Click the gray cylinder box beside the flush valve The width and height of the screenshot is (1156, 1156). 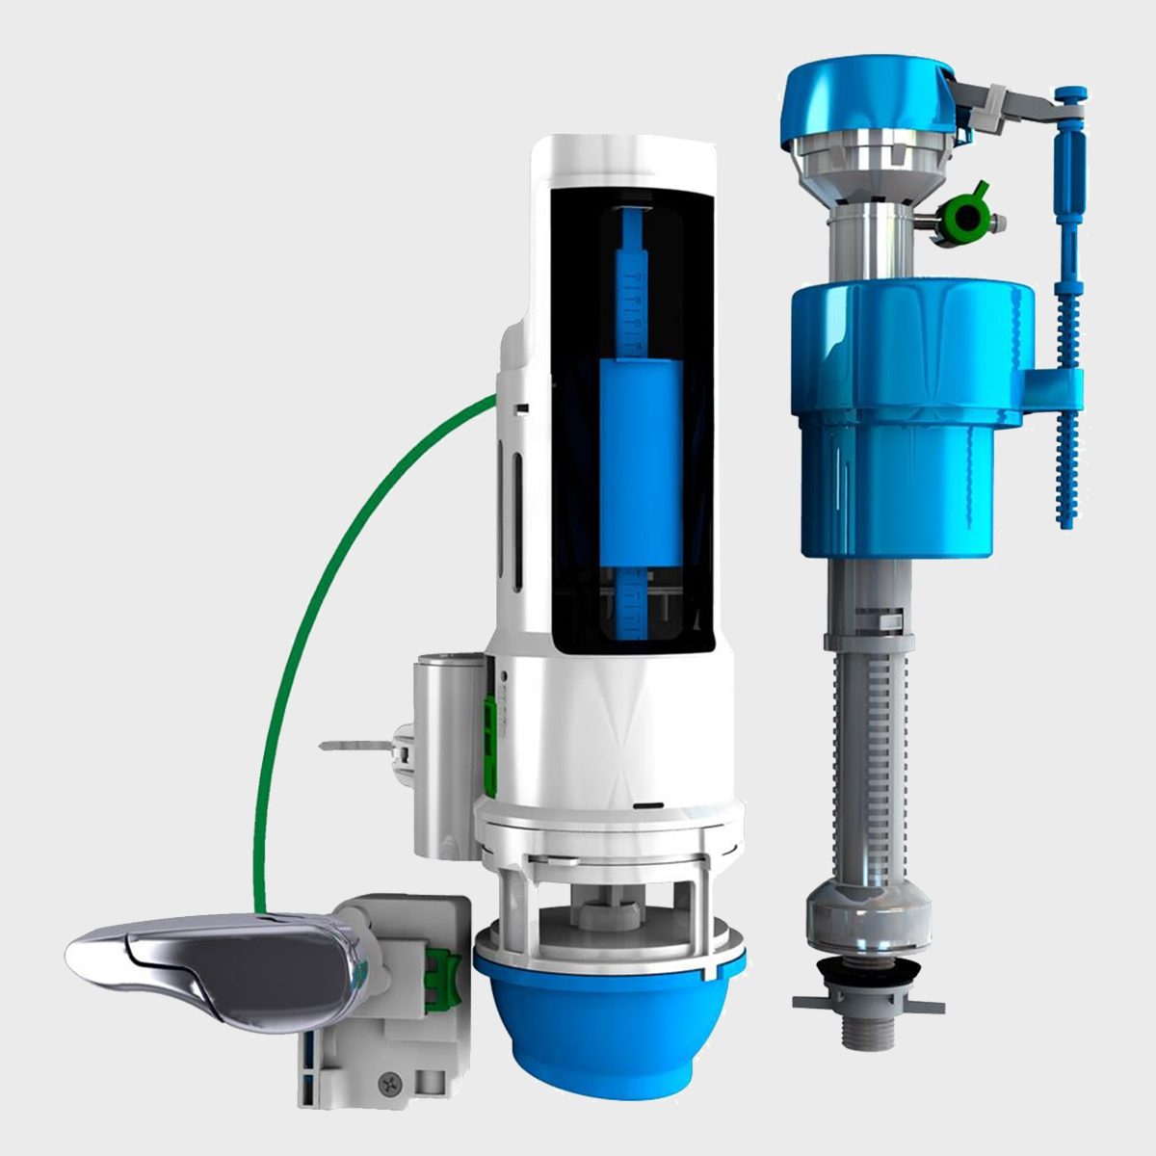pos(447,751)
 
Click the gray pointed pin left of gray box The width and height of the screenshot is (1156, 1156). pos(356,744)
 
